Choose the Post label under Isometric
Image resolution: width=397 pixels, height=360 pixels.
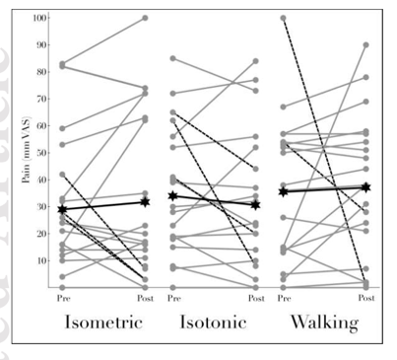click(145, 297)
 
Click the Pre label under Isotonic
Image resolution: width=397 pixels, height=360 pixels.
click(173, 297)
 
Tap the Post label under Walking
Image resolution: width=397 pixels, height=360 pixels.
click(365, 297)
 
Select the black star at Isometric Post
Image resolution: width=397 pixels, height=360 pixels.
click(145, 201)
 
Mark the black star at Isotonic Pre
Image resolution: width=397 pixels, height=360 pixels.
click(173, 196)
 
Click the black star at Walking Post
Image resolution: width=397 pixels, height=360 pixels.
click(365, 187)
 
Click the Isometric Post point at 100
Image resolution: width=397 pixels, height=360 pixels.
click(145, 18)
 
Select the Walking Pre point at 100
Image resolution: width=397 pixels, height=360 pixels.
click(284, 18)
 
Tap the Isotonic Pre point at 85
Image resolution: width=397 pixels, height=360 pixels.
click(173, 58)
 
